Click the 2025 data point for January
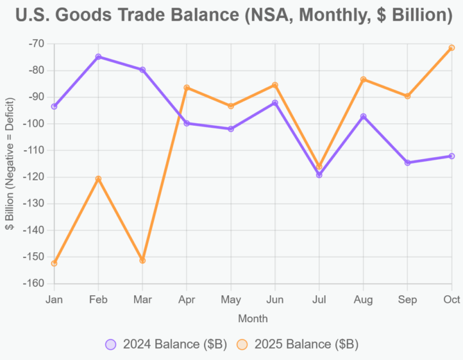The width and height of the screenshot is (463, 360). coord(54,263)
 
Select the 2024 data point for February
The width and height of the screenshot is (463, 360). coord(98,56)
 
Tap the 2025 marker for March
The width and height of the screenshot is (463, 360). coord(142,261)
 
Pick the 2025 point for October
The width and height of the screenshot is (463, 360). coord(451,47)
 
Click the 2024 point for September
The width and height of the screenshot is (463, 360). coord(407,162)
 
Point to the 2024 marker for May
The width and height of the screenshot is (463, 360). coord(231,129)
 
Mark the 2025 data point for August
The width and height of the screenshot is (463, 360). coord(363,80)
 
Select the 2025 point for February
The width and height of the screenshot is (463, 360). coord(98,178)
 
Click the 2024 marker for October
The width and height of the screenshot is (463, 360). coord(451,156)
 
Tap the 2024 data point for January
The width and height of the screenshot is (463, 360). coord(54,107)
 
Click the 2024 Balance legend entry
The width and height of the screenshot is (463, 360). coord(166,344)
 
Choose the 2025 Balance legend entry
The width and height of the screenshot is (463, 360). coord(297,344)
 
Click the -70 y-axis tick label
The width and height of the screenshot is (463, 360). coord(38,44)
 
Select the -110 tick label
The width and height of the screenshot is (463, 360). coord(35,150)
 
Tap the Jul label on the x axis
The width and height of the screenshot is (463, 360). coord(319,300)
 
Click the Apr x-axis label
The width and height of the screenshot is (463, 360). coord(187,300)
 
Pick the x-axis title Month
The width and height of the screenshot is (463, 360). coord(253,318)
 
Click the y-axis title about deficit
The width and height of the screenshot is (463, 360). coord(10,163)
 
